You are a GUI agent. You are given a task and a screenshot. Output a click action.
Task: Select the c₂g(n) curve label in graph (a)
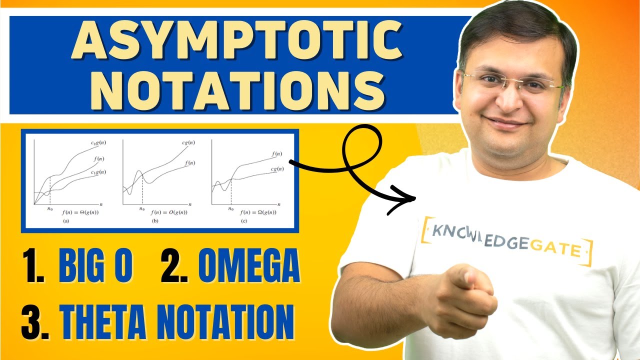pos(98,143)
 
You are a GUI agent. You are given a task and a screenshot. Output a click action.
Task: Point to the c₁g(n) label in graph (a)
pos(98,172)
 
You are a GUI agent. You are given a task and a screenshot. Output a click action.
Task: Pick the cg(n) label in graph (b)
pos(188,143)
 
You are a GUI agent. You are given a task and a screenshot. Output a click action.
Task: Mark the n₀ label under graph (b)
pos(142,209)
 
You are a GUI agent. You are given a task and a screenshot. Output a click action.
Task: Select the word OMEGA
pos(248,266)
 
